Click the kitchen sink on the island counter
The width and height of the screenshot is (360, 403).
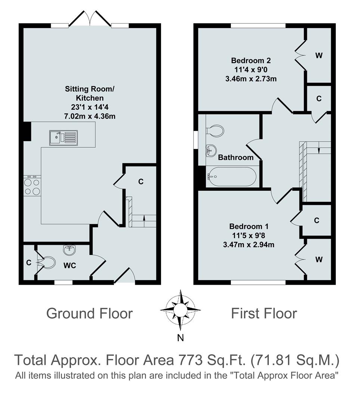click(63, 137)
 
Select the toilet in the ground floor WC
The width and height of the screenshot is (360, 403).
click(47, 262)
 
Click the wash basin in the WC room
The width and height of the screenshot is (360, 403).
click(69, 251)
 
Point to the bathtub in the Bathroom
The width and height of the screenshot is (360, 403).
click(232, 177)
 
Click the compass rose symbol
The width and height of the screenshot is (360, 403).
click(180, 310)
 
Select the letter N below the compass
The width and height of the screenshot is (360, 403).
click(180, 338)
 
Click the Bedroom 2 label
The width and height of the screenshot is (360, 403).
click(250, 60)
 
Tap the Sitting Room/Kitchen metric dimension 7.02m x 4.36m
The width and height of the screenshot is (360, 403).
click(90, 116)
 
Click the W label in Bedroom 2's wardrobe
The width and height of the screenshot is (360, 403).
click(319, 56)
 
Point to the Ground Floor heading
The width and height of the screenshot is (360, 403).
click(89, 313)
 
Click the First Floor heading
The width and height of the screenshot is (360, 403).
click(264, 313)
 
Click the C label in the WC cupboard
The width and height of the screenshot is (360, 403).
click(28, 263)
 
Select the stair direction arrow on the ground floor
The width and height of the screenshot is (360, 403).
click(144, 224)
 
